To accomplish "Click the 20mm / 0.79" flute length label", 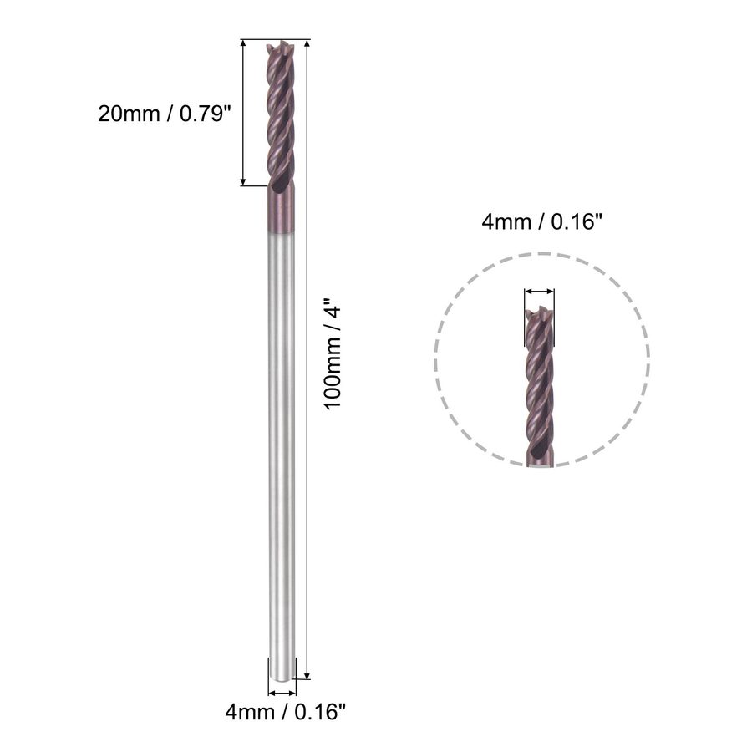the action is coord(165,114).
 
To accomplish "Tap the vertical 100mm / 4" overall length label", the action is coord(333,353).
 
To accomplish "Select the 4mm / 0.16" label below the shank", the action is coord(286,712).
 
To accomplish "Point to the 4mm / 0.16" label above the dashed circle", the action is coord(541,222).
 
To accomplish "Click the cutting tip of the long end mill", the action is coord(280,46).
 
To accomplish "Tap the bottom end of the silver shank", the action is coord(281,677).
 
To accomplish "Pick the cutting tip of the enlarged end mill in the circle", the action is coord(540,310).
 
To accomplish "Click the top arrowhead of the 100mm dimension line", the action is coord(307,44).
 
